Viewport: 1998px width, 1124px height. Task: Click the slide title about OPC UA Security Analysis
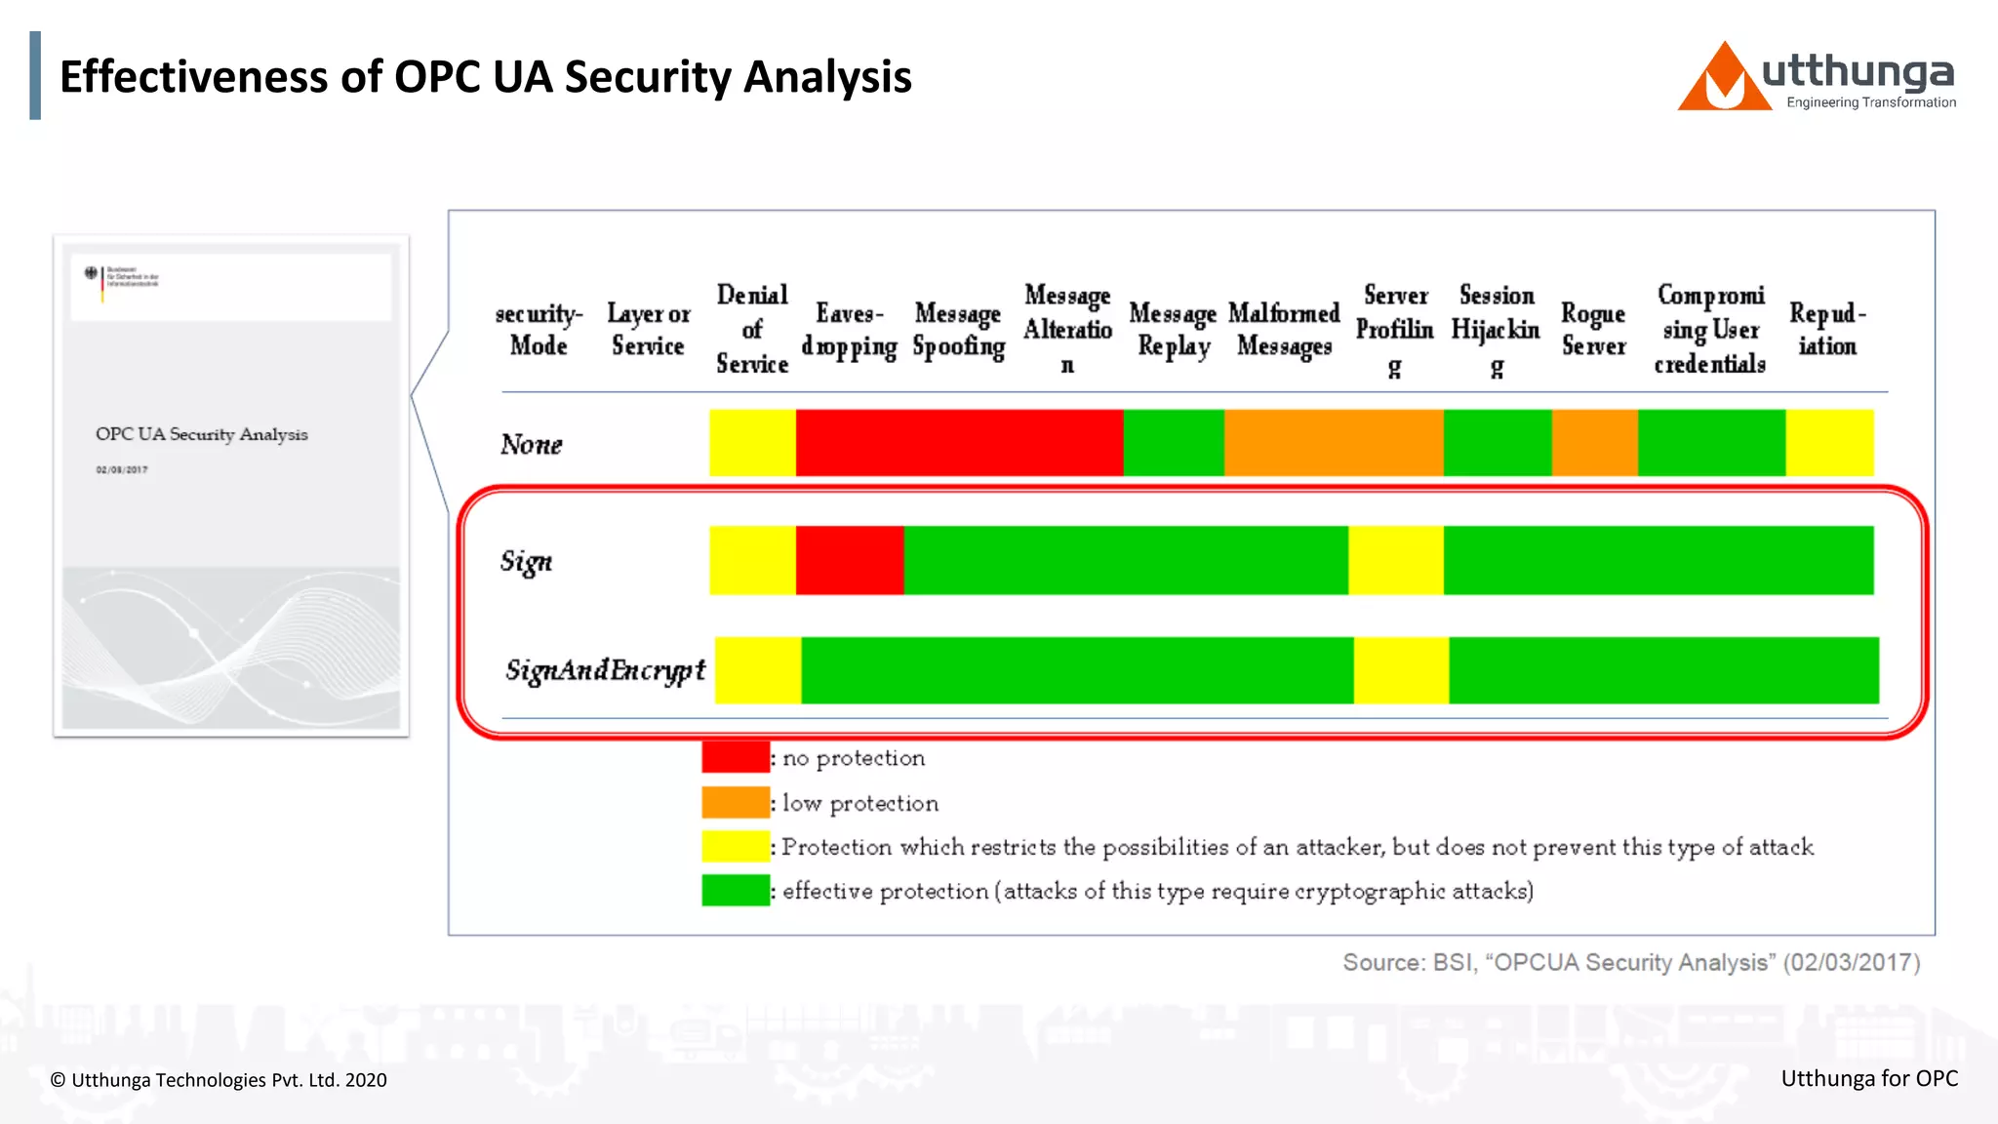485,76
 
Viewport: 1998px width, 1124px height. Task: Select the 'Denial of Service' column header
751,329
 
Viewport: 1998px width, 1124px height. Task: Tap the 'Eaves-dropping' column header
849,330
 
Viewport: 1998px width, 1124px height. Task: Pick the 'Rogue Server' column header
1593,329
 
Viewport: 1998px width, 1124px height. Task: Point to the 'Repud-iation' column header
1827,329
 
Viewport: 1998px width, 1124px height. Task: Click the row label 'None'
532,444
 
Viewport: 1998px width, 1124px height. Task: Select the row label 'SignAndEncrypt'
605,670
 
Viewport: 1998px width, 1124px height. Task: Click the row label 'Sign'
526,561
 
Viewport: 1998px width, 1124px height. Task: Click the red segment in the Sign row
849,560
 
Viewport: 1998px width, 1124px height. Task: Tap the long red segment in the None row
959,443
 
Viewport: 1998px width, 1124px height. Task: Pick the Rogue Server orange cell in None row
1594,443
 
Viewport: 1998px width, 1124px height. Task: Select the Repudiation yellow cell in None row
1829,443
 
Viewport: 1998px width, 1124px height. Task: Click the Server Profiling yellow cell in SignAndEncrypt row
1401,670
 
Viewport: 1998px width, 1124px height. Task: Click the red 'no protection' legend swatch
735,757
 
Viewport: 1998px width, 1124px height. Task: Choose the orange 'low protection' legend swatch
735,802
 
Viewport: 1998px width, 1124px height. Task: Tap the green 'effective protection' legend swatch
735,890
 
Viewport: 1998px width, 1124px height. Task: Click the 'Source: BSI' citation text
1631,962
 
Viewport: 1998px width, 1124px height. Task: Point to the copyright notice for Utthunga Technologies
219,1080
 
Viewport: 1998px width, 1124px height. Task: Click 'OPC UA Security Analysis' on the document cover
201,434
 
